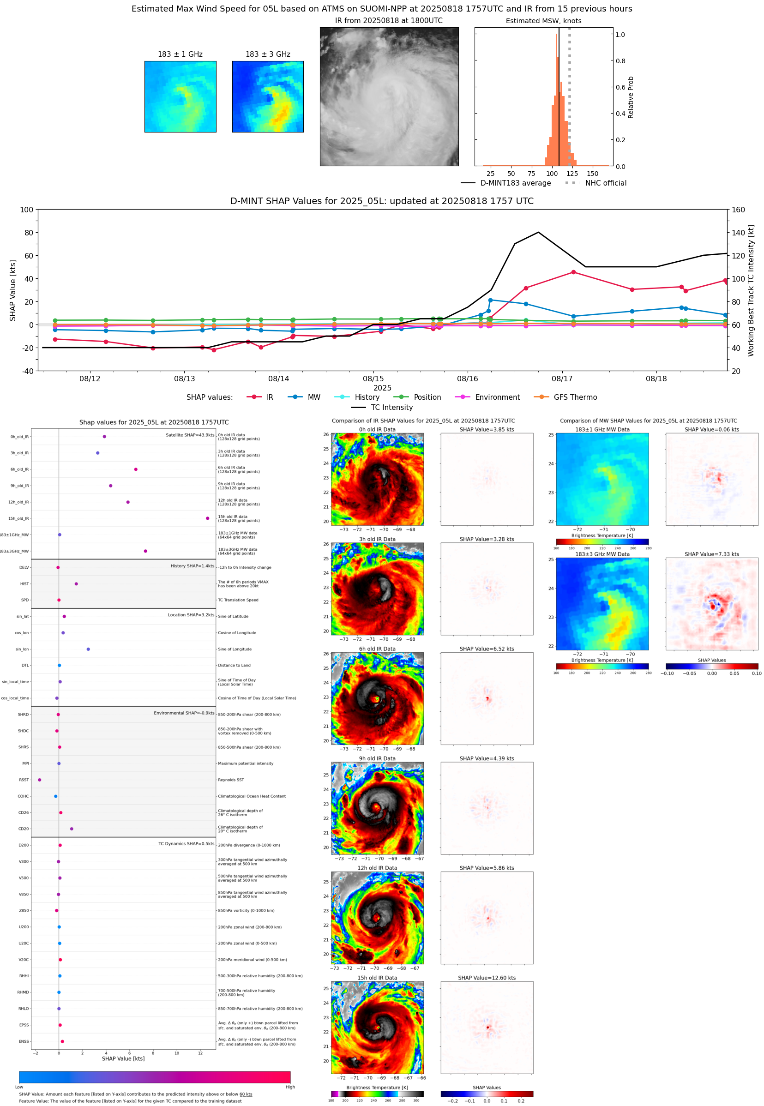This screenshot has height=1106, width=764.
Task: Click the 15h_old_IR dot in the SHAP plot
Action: [x=207, y=518]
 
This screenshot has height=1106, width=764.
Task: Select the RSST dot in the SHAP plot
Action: [x=40, y=780]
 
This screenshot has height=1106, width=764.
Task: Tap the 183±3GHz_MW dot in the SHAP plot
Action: [x=145, y=551]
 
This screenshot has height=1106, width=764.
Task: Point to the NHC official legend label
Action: [x=606, y=183]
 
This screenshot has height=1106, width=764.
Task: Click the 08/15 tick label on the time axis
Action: [x=373, y=379]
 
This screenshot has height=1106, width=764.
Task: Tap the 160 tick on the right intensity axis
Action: [x=738, y=210]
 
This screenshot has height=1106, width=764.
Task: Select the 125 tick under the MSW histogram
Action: [x=572, y=174]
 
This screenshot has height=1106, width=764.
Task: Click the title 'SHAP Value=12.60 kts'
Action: [x=487, y=978]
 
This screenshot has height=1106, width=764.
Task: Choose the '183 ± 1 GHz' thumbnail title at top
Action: [x=180, y=54]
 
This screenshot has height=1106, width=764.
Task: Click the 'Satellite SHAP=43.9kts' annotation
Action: [x=190, y=435]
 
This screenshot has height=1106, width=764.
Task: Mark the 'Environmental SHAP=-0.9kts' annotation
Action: [x=184, y=713]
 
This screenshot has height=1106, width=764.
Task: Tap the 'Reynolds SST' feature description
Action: [x=231, y=780]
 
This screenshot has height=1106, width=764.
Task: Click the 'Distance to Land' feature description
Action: [x=234, y=665]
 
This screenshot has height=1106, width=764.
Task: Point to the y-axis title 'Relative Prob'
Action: [x=631, y=97]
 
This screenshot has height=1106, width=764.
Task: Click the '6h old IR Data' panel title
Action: [x=377, y=649]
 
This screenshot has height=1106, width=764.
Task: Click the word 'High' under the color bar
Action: [x=290, y=1087]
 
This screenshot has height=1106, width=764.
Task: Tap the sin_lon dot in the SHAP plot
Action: [x=88, y=649]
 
